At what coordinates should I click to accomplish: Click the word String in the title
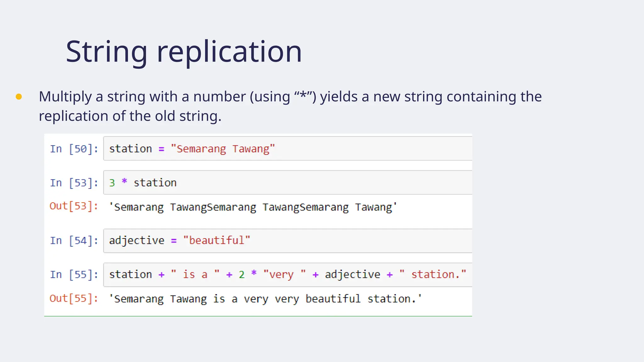point(107,52)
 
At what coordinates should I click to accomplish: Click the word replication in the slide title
point(229,52)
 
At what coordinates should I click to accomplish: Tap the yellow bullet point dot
point(19,97)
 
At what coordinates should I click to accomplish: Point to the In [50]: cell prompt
point(74,149)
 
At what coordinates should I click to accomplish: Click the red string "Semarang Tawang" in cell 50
point(223,149)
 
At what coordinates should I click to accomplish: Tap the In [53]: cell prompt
point(74,183)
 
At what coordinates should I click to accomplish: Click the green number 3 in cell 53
point(112,183)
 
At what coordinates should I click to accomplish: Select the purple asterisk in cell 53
point(124,182)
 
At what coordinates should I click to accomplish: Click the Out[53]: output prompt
point(74,206)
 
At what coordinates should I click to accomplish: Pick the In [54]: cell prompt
point(74,241)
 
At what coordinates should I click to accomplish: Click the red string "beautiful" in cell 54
point(216,241)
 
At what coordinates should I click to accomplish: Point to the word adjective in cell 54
point(136,241)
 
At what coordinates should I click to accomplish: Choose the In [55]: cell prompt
point(74,275)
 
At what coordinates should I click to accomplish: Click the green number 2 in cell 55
point(241,275)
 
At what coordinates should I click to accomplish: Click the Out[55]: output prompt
point(74,299)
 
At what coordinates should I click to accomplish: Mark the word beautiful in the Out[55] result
point(333,299)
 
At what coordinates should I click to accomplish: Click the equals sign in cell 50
point(161,150)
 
